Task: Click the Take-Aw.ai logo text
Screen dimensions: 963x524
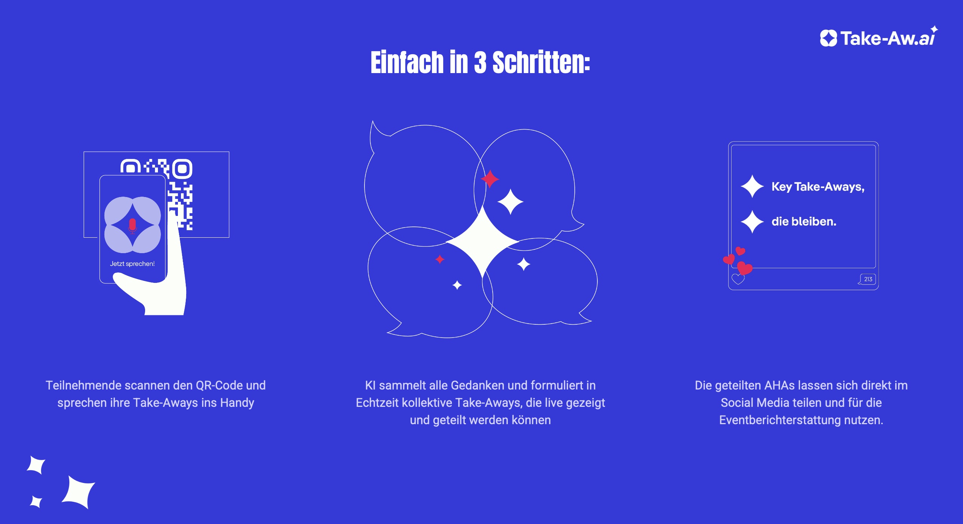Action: pos(888,38)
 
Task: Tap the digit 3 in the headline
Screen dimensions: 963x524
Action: pos(480,62)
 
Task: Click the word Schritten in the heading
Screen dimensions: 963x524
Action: pos(541,62)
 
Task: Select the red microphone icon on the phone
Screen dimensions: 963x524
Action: pos(132,226)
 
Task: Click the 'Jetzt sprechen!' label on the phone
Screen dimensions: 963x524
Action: pos(132,264)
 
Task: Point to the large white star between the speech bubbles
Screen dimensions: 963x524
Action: pos(483,241)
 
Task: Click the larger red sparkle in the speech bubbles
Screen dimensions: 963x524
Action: pos(490,179)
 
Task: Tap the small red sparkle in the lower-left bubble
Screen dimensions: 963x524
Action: pos(440,259)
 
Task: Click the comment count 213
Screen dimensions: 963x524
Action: pos(868,279)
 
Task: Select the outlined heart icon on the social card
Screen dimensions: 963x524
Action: pos(738,279)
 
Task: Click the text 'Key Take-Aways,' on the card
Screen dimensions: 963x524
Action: pos(818,187)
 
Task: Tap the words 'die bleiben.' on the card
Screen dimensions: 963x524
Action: pos(804,222)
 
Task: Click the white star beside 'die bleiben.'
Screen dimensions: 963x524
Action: pos(752,222)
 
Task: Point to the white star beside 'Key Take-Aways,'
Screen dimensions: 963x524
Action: pos(752,186)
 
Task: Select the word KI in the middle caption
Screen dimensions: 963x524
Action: pos(371,385)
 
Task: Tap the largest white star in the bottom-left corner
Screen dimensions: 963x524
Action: pos(79,492)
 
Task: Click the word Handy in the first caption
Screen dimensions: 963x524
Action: pos(237,403)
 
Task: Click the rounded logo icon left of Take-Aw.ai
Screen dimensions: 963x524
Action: pos(828,38)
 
